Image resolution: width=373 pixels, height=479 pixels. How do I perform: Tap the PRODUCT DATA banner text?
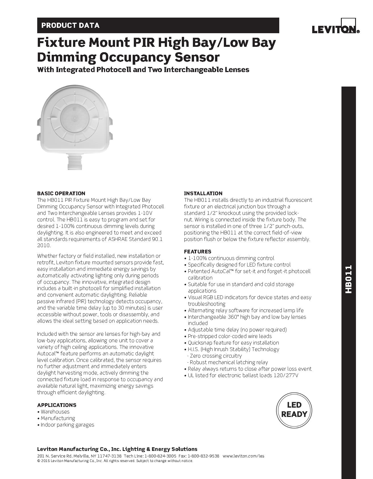tap(70, 26)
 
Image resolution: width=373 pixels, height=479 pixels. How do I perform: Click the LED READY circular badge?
tap(294, 409)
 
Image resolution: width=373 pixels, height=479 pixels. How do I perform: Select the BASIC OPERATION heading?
tap(61, 194)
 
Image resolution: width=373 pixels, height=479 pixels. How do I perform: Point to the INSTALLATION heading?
tap(203, 194)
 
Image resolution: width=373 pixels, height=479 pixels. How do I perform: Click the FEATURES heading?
tap(197, 251)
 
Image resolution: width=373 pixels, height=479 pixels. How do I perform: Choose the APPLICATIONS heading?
tap(57, 405)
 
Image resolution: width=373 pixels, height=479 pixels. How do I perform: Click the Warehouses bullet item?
tap(55, 412)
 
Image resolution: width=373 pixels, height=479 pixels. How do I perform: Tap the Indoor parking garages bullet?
tap(67, 425)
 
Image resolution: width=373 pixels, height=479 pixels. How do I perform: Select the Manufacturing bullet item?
tap(58, 418)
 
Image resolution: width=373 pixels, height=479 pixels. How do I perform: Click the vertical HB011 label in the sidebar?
tap(348, 279)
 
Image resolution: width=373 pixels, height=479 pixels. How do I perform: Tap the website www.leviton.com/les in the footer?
tap(243, 456)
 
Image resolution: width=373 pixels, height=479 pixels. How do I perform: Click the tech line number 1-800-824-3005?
tap(160, 456)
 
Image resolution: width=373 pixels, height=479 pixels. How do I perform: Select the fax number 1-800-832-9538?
tap(203, 456)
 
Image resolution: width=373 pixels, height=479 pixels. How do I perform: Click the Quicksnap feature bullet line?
tap(233, 343)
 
